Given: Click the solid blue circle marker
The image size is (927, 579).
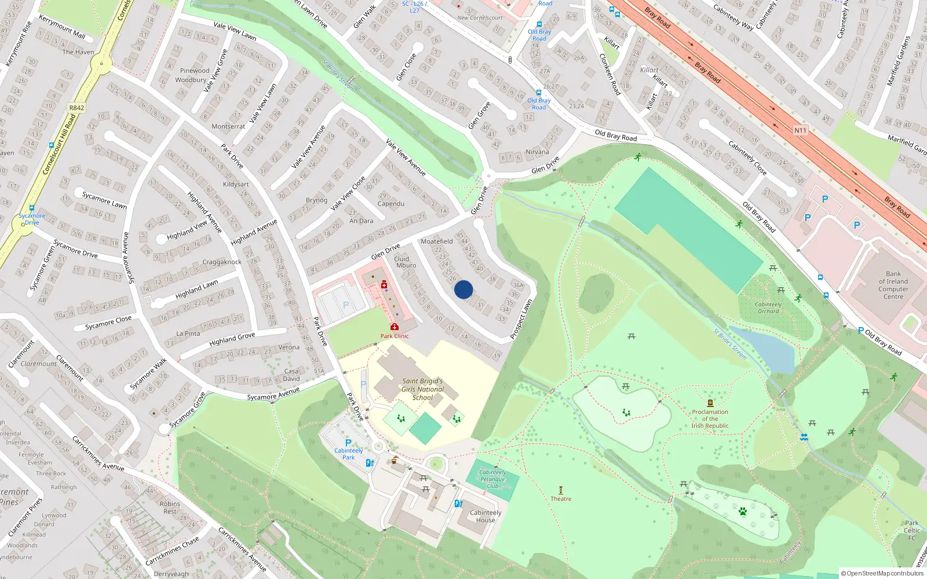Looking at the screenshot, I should (x=463, y=289).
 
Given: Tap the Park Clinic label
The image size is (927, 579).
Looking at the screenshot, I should (x=395, y=336).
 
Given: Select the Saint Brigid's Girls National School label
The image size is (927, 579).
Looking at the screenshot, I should (x=423, y=389).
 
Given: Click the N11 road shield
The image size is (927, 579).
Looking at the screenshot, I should (x=800, y=130).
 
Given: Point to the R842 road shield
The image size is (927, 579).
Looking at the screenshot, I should (x=76, y=108).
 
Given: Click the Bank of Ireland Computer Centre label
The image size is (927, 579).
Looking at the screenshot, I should (x=893, y=285).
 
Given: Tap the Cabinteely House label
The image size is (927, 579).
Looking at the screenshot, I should (x=486, y=516).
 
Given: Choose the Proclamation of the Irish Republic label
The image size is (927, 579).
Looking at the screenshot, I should (x=710, y=419).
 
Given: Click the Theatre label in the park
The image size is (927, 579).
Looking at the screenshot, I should (x=561, y=499).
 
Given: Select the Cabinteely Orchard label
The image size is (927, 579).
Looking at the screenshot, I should (x=768, y=307).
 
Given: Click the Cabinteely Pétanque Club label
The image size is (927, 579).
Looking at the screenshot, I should (x=492, y=479).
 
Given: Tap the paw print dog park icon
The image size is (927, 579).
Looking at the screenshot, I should (x=742, y=511).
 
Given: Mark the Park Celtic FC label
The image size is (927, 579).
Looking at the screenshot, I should (x=911, y=530).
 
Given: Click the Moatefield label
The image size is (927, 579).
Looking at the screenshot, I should (x=437, y=241).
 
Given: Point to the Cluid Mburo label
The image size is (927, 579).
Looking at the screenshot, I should (x=406, y=262).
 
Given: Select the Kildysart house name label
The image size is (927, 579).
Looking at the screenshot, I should (x=236, y=184).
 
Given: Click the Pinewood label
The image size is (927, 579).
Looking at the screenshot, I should (x=195, y=71).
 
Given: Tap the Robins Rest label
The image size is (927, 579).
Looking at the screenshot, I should (x=170, y=507).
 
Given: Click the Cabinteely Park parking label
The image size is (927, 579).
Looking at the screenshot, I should (x=348, y=454).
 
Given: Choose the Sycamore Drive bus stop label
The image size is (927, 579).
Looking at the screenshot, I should (x=31, y=219).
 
